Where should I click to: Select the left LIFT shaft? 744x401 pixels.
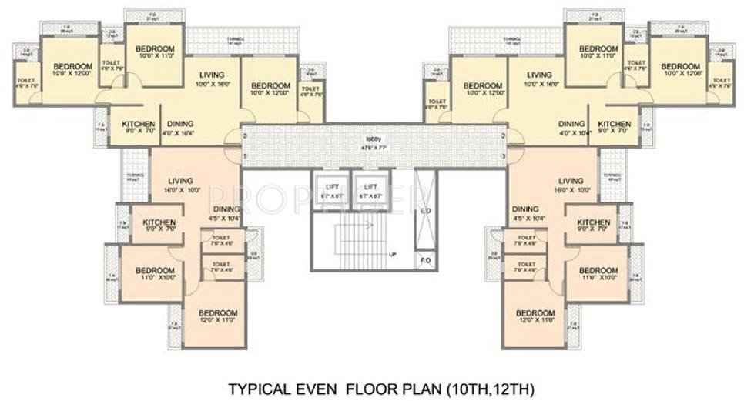(x=331, y=192)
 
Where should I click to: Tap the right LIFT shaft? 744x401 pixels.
(x=371, y=192)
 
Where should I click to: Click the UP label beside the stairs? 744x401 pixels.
(x=392, y=254)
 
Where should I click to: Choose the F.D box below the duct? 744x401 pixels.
(x=424, y=260)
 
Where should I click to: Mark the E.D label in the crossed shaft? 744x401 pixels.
(x=424, y=211)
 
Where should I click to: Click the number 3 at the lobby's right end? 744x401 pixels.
(x=502, y=157)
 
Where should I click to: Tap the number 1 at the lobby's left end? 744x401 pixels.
(x=244, y=157)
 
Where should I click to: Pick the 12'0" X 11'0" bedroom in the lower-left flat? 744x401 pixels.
(x=218, y=316)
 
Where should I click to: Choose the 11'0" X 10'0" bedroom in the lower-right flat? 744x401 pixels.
(x=598, y=274)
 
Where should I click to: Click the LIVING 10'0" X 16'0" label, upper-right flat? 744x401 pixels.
(x=539, y=79)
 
